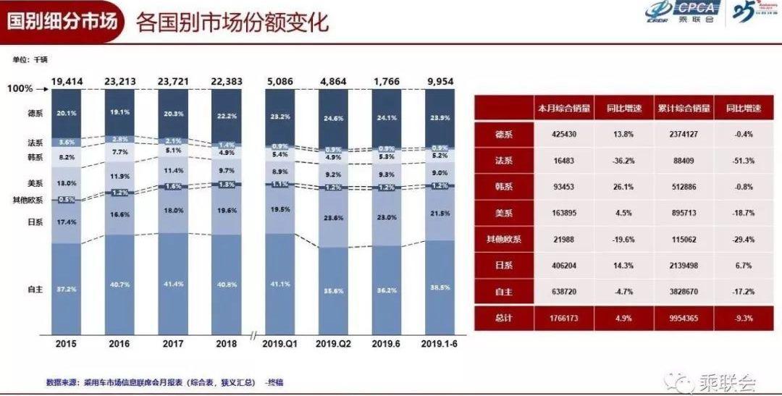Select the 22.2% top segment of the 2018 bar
click(x=227, y=116)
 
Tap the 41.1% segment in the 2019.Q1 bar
click(x=281, y=285)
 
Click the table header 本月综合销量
click(x=563, y=108)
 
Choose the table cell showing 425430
click(x=563, y=135)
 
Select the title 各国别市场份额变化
click(x=232, y=22)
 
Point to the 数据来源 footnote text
click(x=152, y=382)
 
